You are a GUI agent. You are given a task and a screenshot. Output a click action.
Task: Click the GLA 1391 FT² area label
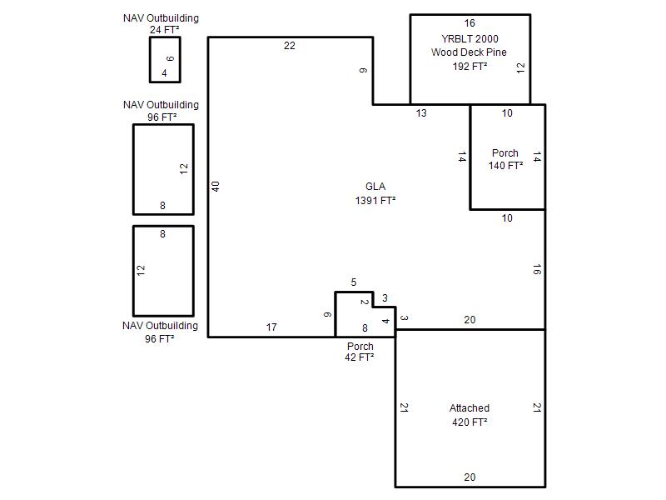coord(375,193)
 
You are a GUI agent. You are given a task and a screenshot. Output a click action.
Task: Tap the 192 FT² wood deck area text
coord(470,67)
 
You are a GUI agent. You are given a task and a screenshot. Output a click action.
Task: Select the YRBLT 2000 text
coord(470,38)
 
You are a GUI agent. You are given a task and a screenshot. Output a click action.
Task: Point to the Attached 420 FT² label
coord(470,415)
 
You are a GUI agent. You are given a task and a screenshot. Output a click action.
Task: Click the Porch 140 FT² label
coord(505,159)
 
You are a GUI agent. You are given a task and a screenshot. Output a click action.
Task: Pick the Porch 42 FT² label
coord(360,352)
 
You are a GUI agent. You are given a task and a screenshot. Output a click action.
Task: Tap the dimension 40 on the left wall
coord(216,187)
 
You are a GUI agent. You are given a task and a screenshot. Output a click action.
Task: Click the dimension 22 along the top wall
coord(290,46)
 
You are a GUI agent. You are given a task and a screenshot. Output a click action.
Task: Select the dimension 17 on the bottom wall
coord(271,327)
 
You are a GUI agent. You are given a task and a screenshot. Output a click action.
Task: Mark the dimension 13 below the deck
coord(421,113)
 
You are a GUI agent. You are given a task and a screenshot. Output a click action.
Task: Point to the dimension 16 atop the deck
coord(470,23)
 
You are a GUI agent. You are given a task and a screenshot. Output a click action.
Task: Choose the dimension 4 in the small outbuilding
coord(164,73)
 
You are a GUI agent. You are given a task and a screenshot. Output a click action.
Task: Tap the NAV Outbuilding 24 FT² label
coord(162,24)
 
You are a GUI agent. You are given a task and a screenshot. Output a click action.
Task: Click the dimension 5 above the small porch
coord(354,282)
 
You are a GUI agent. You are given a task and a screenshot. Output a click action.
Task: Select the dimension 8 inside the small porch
coord(365,327)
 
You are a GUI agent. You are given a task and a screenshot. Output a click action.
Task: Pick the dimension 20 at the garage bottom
coord(470,477)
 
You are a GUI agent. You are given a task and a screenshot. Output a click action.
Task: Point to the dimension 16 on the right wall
coord(537,269)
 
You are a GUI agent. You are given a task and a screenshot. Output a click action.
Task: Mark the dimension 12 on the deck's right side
coord(521,68)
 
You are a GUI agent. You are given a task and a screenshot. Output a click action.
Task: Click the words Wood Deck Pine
coord(469,52)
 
